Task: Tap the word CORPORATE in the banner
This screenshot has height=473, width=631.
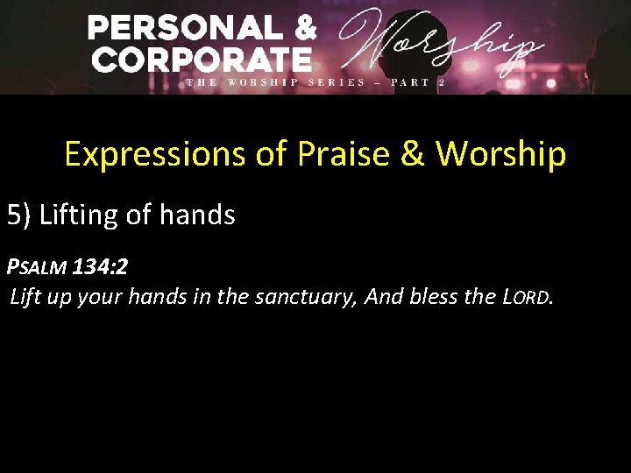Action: coord(202,60)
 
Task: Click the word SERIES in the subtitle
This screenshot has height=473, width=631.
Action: coord(337,82)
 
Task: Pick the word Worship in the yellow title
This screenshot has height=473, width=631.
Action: coord(500,155)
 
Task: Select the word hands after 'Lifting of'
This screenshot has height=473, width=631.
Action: coord(199,215)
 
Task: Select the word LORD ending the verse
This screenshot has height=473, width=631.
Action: coord(527,297)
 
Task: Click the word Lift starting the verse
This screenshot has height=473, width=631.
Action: coord(25,297)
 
